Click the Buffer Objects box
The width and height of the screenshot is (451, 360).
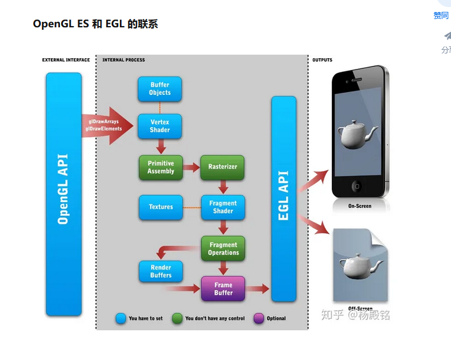[x=160, y=89]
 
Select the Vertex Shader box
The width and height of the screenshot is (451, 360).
[x=160, y=126]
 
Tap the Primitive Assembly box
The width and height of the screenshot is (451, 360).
[x=161, y=167]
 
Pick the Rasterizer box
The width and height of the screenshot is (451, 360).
[x=223, y=167]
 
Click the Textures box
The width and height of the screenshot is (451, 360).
[x=161, y=207]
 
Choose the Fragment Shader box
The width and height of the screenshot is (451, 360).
[x=223, y=207]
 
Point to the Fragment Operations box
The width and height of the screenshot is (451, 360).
[x=223, y=248]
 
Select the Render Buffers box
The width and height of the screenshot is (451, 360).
[x=161, y=271]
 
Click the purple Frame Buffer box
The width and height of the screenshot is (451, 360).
[x=223, y=289]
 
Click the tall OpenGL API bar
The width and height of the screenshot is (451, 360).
[x=63, y=194]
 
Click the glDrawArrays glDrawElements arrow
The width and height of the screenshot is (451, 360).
[x=107, y=125]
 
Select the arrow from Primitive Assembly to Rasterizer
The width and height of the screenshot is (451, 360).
[x=191, y=168]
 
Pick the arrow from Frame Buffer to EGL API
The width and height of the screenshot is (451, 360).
[x=258, y=289]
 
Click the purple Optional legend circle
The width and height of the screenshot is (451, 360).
[x=259, y=318]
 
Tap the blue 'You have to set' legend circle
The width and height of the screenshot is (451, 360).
[x=121, y=318]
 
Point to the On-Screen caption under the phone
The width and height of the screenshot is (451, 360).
[x=360, y=206]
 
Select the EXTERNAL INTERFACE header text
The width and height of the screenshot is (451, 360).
[x=66, y=60]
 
